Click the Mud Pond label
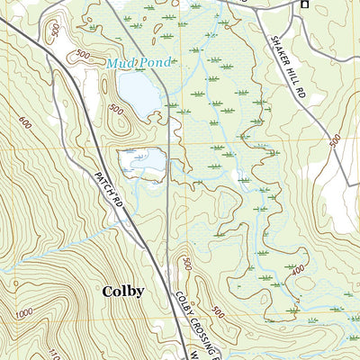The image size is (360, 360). tap(138, 63)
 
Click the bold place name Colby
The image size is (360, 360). tap(122, 291)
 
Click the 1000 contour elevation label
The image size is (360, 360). tap(25, 310)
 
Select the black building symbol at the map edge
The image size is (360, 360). tap(304, 4)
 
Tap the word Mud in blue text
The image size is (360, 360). tap(121, 63)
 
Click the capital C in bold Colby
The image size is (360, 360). tap(107, 291)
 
